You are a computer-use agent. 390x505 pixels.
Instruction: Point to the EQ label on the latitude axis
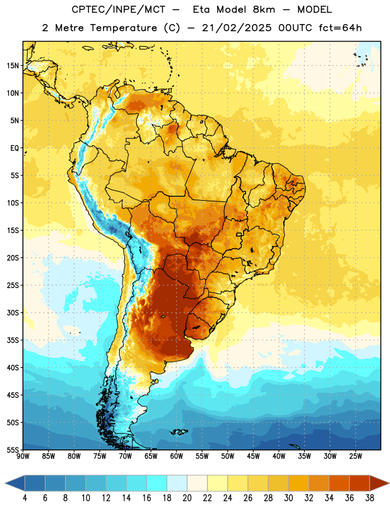[15, 148]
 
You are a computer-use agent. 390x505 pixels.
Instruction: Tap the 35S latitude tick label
[13, 340]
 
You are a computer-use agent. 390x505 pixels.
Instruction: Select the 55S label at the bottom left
[13, 450]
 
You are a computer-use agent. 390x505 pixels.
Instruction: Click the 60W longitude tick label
[176, 456]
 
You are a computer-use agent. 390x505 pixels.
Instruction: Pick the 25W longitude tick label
[355, 456]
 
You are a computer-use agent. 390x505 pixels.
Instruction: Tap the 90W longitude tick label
[23, 456]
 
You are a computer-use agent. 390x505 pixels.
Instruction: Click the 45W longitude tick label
[253, 456]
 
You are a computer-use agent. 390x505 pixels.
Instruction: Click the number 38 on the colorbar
[369, 498]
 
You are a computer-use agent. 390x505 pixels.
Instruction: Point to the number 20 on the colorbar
[187, 498]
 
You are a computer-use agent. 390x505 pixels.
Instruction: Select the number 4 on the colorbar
[25, 498]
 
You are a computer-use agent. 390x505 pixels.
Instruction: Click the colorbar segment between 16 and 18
[157, 483]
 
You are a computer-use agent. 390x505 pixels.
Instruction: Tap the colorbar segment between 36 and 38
[360, 483]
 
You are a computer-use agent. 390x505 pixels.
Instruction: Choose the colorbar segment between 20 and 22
[197, 483]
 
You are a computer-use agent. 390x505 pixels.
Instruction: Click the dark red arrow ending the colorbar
[379, 483]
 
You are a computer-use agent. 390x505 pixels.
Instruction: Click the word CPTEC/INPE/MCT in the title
[118, 9]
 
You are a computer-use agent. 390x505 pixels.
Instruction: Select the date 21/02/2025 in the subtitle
[237, 28]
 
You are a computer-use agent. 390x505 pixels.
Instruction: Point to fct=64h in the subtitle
[340, 28]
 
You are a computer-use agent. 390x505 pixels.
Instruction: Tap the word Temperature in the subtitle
[123, 28]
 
